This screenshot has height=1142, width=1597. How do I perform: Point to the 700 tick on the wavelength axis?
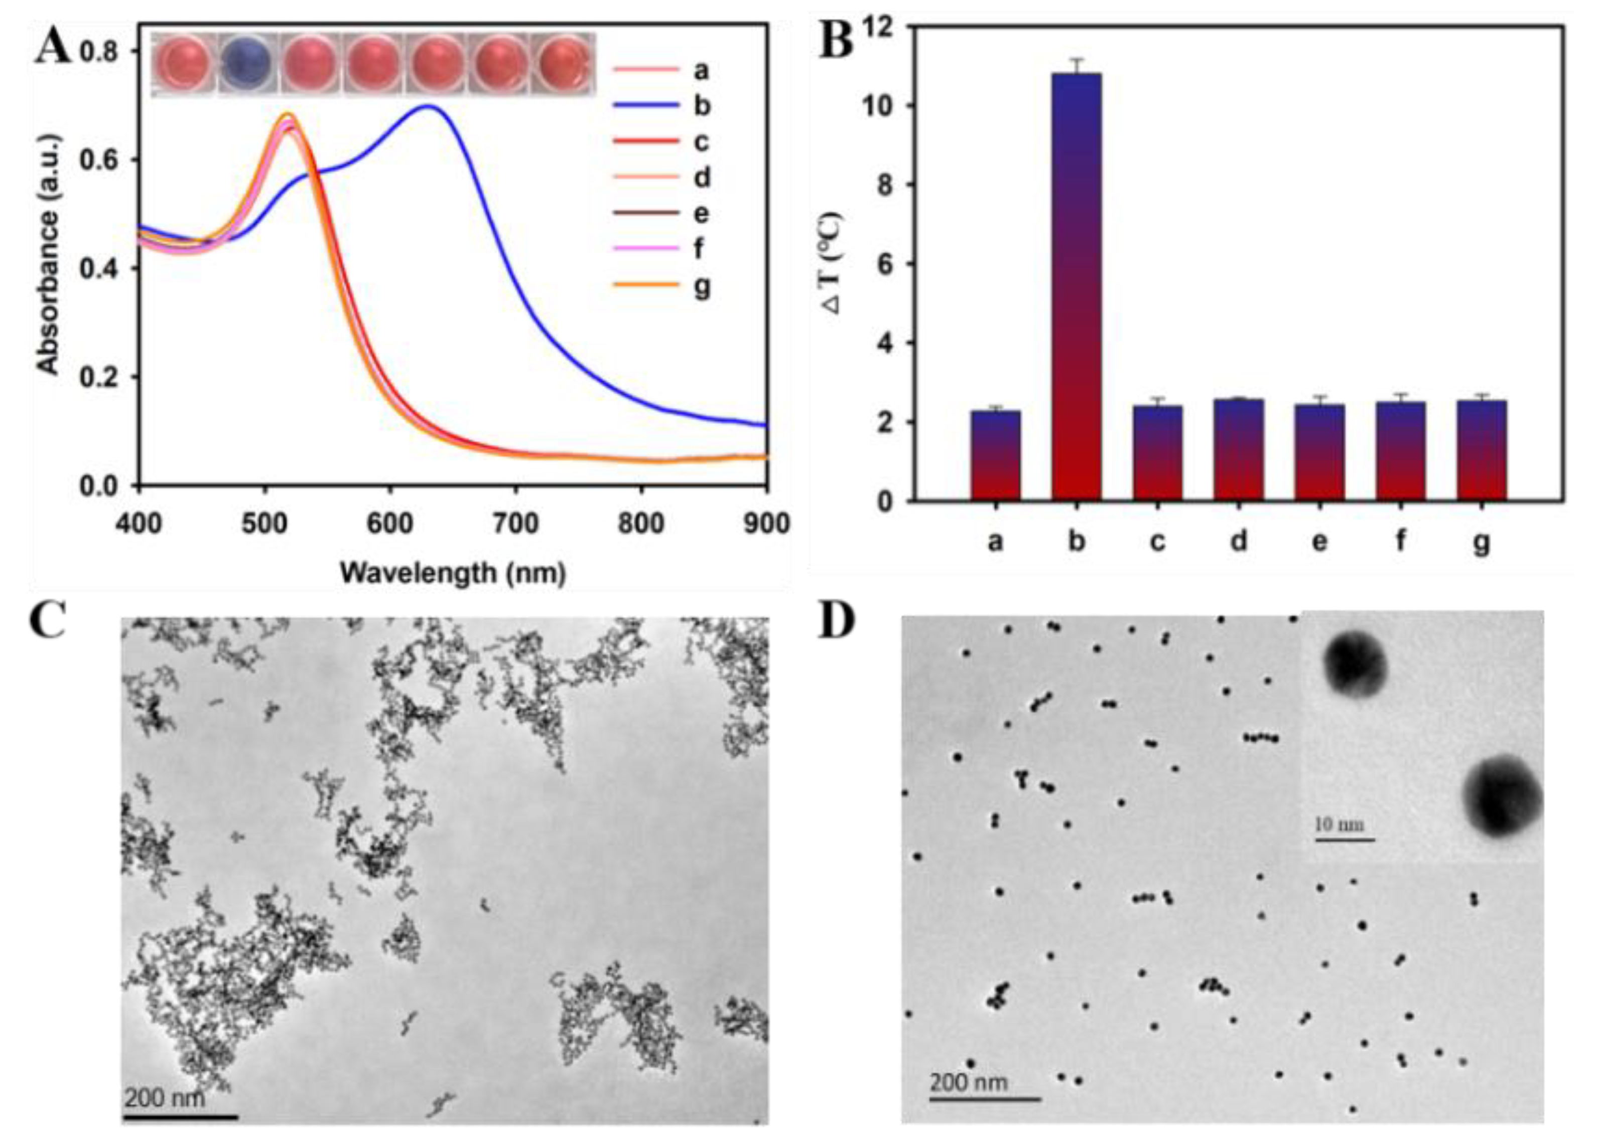click(x=515, y=524)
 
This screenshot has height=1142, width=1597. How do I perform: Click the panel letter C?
click(x=48, y=620)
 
